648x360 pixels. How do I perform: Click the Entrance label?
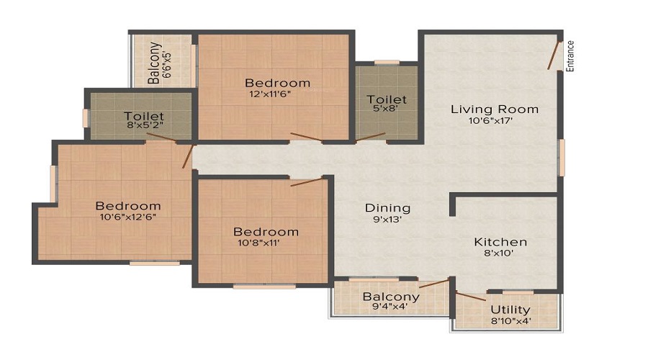click(570, 55)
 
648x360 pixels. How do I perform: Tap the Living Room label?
click(495, 109)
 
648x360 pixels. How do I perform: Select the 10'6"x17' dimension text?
click(490, 121)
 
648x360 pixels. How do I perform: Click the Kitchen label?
click(500, 242)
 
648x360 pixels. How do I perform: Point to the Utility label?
click(510, 310)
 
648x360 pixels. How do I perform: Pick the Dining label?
click(387, 208)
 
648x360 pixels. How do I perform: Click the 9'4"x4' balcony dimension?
click(390, 307)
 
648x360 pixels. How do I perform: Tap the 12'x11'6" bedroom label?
click(270, 94)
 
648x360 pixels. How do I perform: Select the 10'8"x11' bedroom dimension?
click(258, 243)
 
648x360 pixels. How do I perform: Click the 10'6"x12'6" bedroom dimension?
click(127, 217)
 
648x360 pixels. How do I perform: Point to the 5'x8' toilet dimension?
click(386, 108)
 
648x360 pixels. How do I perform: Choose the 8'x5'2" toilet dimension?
click(144, 125)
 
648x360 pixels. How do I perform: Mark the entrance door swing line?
click(554, 55)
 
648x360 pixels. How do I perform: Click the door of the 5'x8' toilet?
click(371, 137)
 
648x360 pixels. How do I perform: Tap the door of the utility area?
click(471, 297)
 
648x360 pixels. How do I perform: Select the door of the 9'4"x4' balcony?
click(434, 283)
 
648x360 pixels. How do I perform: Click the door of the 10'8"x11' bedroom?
click(306, 182)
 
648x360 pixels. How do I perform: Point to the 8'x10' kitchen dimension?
click(499, 253)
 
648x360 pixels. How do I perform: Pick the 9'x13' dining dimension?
click(387, 220)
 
